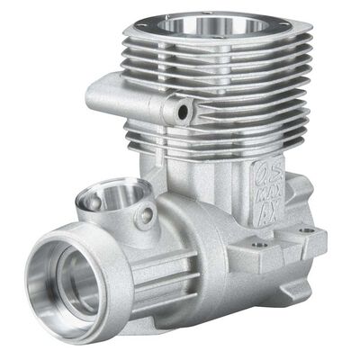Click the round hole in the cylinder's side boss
point(184,111)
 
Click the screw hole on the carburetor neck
point(146,216)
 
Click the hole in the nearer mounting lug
point(259,243)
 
